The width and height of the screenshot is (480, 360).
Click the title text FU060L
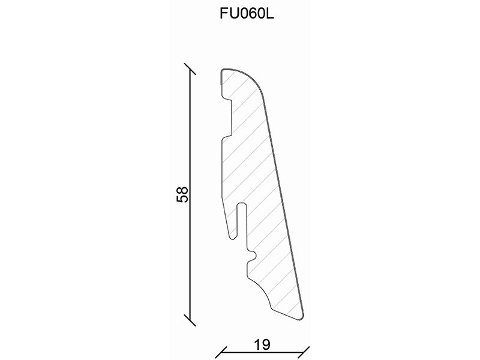click(x=247, y=13)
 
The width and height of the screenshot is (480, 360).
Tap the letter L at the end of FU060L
click(x=269, y=13)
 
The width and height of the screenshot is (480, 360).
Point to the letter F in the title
click(x=224, y=13)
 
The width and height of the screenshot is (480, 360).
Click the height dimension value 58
click(x=182, y=194)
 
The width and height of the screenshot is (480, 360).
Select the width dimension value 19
click(x=262, y=344)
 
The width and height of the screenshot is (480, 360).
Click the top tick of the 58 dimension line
click(x=190, y=69)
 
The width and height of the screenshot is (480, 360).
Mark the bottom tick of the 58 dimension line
click(x=190, y=320)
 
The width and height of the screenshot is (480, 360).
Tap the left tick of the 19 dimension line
click(x=221, y=353)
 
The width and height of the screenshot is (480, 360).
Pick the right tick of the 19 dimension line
click(x=304, y=353)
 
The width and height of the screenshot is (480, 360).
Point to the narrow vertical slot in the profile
click(x=242, y=220)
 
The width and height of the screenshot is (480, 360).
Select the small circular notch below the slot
click(x=253, y=255)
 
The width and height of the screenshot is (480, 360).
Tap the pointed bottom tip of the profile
click(x=302, y=319)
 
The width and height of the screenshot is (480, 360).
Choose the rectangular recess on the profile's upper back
click(x=227, y=118)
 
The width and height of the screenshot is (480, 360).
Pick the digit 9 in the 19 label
click(x=266, y=344)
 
